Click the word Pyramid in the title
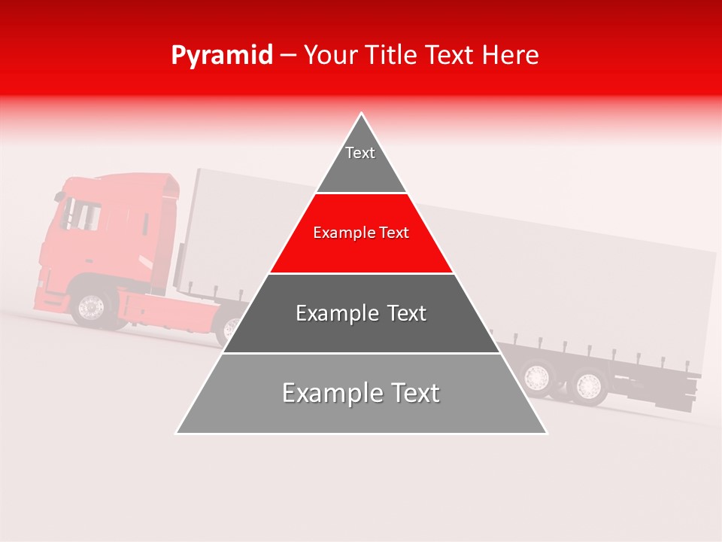[221, 56]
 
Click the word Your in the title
[329, 55]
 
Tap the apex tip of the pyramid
[362, 114]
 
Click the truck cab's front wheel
[91, 306]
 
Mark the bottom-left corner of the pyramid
[177, 433]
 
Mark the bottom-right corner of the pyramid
[546, 433]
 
